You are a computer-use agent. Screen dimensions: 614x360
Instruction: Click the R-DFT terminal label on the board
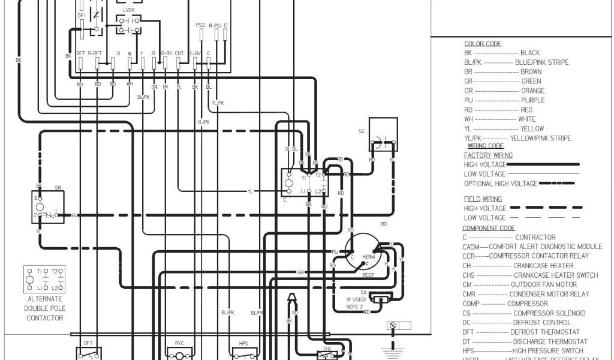(x=95, y=53)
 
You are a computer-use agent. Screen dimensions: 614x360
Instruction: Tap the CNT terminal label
(x=179, y=53)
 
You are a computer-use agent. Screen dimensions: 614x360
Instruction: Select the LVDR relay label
(x=129, y=11)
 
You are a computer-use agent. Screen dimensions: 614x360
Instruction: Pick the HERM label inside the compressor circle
(x=368, y=256)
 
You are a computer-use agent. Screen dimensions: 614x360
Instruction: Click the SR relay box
(x=49, y=206)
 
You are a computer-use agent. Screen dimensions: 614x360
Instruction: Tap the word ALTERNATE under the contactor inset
(x=45, y=299)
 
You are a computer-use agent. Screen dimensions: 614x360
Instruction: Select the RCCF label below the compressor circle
(x=368, y=275)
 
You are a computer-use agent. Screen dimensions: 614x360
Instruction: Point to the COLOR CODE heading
(x=483, y=44)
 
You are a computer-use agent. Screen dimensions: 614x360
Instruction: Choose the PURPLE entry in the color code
(x=532, y=100)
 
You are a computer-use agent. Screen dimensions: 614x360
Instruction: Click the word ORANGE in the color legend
(x=533, y=91)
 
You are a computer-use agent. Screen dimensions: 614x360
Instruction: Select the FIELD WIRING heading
(x=483, y=199)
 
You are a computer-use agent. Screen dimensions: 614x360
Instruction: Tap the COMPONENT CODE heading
(x=488, y=228)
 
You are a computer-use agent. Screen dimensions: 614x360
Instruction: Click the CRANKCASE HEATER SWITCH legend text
(x=555, y=275)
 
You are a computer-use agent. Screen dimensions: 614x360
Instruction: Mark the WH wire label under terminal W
(x=129, y=85)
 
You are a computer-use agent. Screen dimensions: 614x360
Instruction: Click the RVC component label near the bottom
(x=179, y=343)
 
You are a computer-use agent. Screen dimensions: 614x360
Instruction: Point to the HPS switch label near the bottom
(x=243, y=343)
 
